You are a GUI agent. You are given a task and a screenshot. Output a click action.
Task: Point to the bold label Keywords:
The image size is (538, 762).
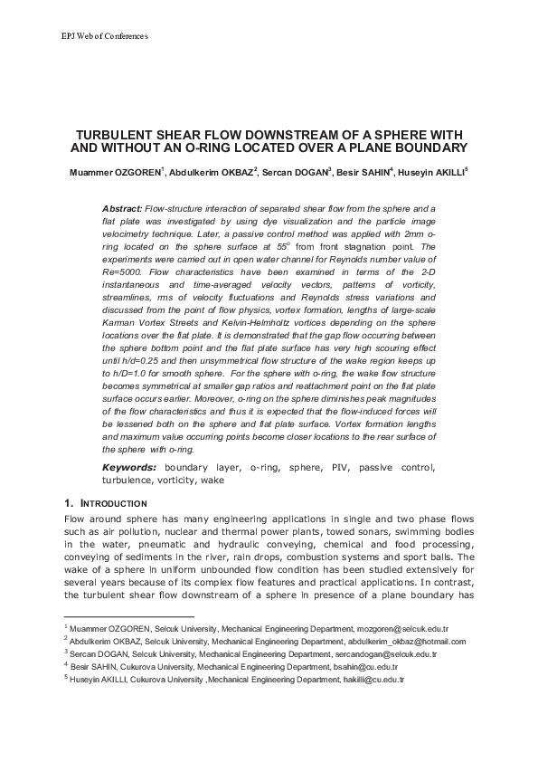click(x=129, y=467)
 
